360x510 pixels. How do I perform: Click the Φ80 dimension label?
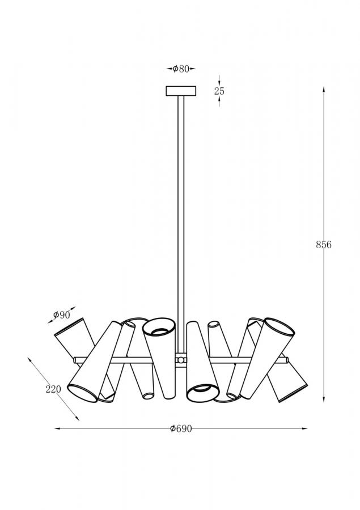[x=181, y=69]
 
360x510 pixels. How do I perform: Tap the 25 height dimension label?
[x=219, y=91]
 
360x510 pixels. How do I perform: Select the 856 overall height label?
[x=324, y=245]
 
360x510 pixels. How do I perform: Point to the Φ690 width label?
[x=181, y=429]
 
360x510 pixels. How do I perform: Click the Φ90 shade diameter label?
[x=62, y=314]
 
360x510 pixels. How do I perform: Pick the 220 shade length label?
[x=53, y=389]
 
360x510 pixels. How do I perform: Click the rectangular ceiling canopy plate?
[x=181, y=91]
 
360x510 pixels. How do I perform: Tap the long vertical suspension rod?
[x=181, y=224]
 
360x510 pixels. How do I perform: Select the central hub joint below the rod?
[x=181, y=360]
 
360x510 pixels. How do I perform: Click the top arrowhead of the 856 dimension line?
[x=324, y=89]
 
